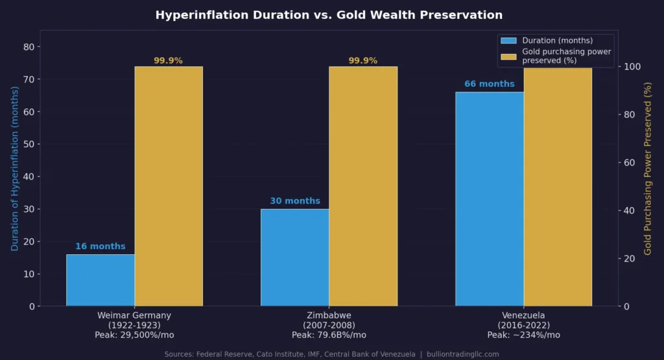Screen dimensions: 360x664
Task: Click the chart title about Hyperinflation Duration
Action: (x=329, y=15)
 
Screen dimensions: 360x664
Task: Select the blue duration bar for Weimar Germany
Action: (x=101, y=280)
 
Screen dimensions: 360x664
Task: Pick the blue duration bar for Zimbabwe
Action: (x=295, y=257)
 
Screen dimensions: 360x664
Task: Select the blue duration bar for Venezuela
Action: (x=490, y=198)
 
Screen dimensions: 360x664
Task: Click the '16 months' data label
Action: (x=101, y=246)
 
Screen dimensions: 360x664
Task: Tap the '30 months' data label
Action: (x=295, y=201)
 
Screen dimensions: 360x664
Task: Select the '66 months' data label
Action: (x=490, y=84)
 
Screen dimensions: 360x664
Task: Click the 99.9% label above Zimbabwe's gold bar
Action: (x=363, y=61)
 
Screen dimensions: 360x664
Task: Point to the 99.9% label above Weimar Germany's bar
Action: (x=169, y=61)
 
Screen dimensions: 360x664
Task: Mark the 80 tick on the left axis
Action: (x=29, y=47)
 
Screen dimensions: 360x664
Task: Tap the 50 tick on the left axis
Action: (x=29, y=144)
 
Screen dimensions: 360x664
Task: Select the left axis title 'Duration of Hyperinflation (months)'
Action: (x=14, y=169)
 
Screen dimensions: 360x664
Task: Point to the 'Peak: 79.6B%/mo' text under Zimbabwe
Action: (x=329, y=335)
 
